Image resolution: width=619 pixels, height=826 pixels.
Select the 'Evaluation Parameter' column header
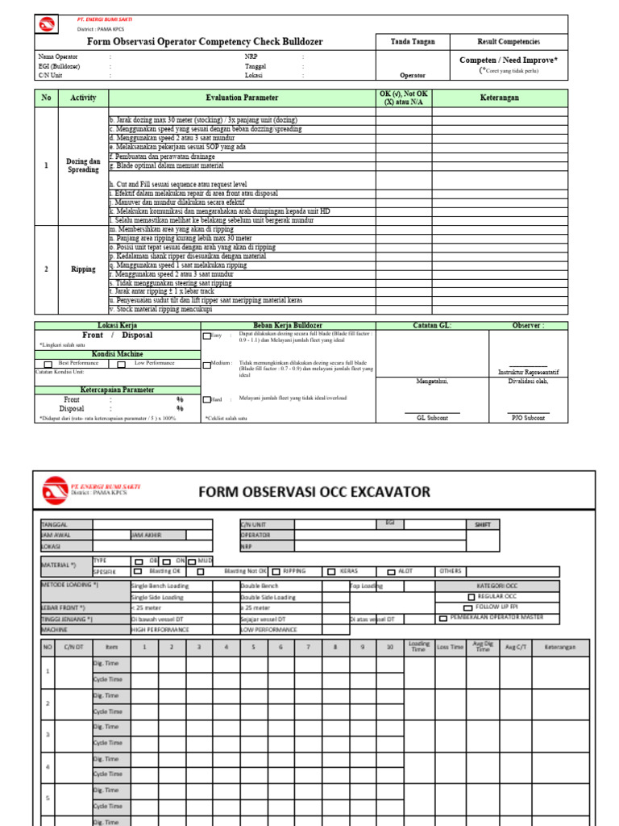(242, 98)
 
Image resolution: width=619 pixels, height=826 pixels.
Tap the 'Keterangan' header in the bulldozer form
(501, 98)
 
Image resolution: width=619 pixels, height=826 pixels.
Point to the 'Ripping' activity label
(83, 269)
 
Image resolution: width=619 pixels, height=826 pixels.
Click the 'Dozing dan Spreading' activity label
(83, 165)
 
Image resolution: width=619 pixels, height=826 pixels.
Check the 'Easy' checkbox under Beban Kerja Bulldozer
(207, 336)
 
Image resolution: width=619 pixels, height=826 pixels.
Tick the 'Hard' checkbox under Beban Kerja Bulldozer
(207, 399)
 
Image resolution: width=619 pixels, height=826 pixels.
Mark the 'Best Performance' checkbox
(48, 364)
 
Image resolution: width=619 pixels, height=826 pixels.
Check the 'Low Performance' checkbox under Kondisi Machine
(122, 364)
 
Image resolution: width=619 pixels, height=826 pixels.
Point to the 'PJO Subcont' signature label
(529, 418)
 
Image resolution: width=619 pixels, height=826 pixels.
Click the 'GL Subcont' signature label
(432, 418)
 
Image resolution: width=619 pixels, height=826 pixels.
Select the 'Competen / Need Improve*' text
(509, 60)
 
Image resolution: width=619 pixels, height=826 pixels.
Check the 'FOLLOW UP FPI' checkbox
(468, 606)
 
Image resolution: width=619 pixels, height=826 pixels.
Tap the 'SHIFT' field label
(482, 524)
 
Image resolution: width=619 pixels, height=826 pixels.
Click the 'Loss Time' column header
(450, 647)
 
